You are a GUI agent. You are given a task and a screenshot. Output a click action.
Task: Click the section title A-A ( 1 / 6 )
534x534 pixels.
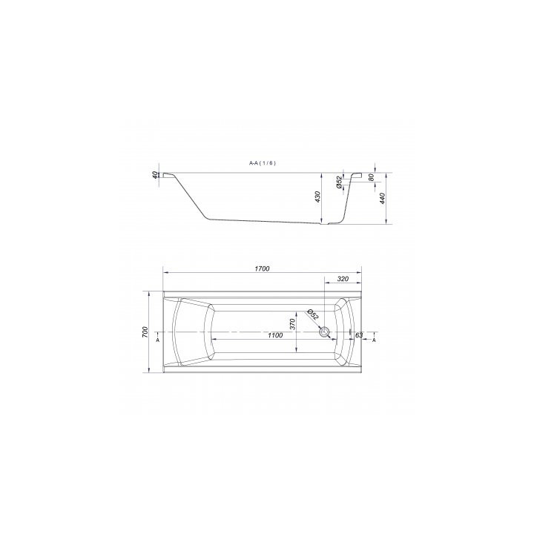pos(263,163)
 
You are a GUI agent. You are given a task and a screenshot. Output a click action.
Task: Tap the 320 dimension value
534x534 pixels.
pos(343,280)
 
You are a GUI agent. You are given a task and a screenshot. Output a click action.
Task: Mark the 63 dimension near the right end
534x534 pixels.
pos(359,336)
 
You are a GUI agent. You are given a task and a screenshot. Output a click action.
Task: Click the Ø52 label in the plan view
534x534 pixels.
pos(312,314)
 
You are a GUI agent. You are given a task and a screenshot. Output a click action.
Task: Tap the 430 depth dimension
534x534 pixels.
pos(317,197)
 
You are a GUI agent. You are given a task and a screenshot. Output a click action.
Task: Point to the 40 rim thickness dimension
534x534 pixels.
pos(154,175)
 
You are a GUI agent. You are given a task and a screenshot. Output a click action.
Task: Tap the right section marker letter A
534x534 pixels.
pos(374,340)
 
